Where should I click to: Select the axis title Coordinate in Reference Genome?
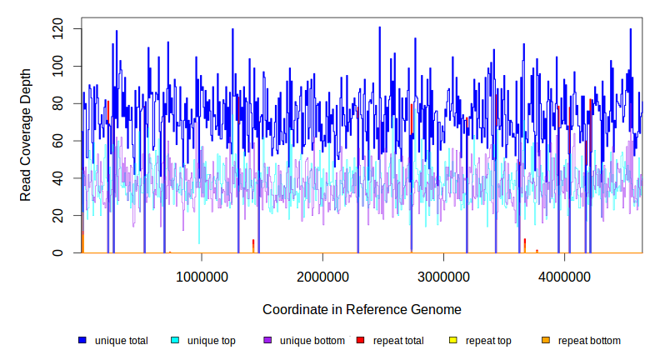coord(362,310)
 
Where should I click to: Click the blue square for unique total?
coord(82,340)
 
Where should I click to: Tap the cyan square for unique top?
coord(175,340)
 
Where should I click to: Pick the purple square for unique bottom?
coord(267,340)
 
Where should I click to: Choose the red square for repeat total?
coord(360,340)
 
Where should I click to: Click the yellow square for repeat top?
coord(453,340)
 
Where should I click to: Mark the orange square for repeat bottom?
coord(546,340)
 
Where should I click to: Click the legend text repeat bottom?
coord(589,341)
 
